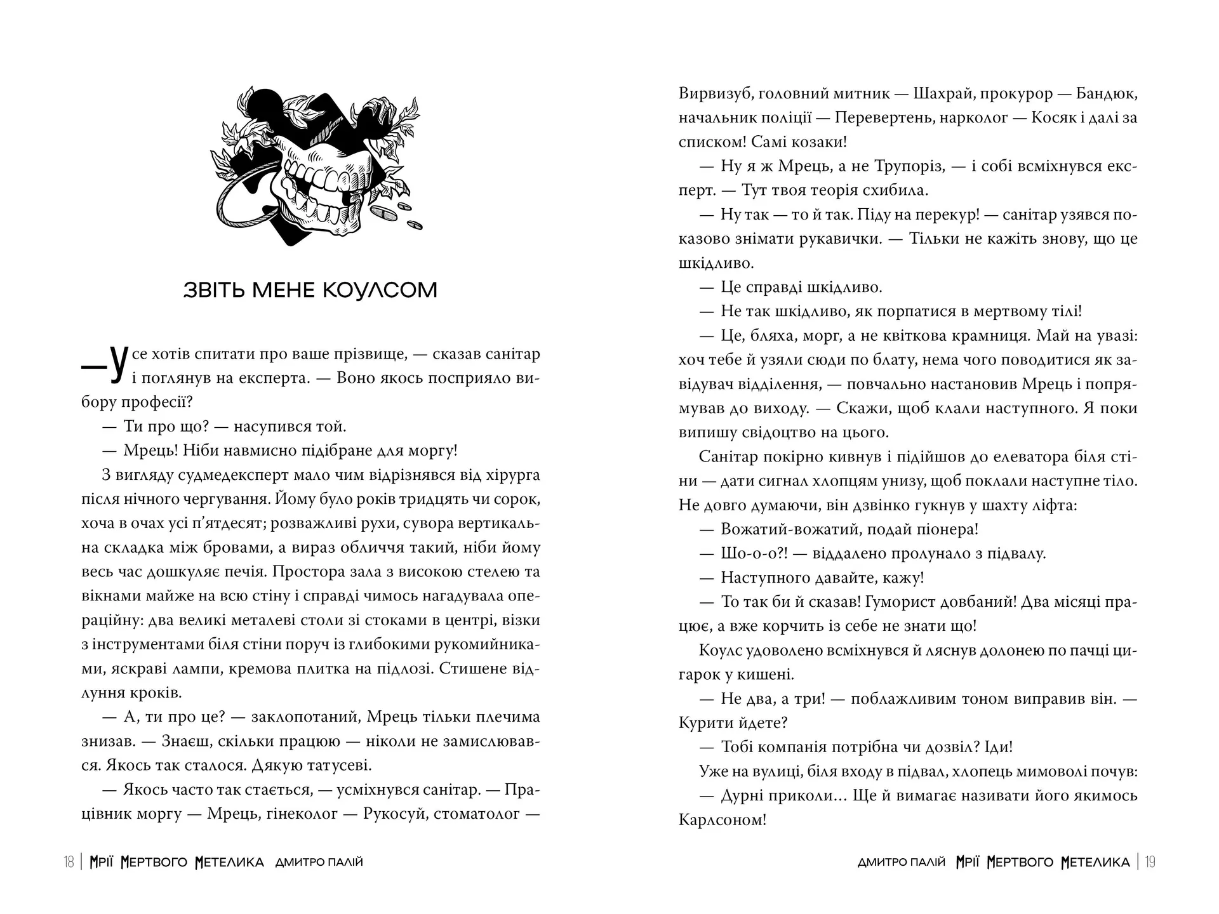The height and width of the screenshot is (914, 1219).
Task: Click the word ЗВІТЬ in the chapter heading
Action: click(215, 290)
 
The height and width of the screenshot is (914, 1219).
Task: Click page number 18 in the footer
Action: click(69, 862)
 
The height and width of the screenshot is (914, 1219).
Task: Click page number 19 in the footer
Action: click(1150, 862)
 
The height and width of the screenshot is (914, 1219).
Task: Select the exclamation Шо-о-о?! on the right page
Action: click(754, 553)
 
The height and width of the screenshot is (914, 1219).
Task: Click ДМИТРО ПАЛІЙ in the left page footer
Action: click(319, 862)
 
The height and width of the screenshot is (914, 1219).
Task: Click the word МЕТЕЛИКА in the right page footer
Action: click(1095, 862)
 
